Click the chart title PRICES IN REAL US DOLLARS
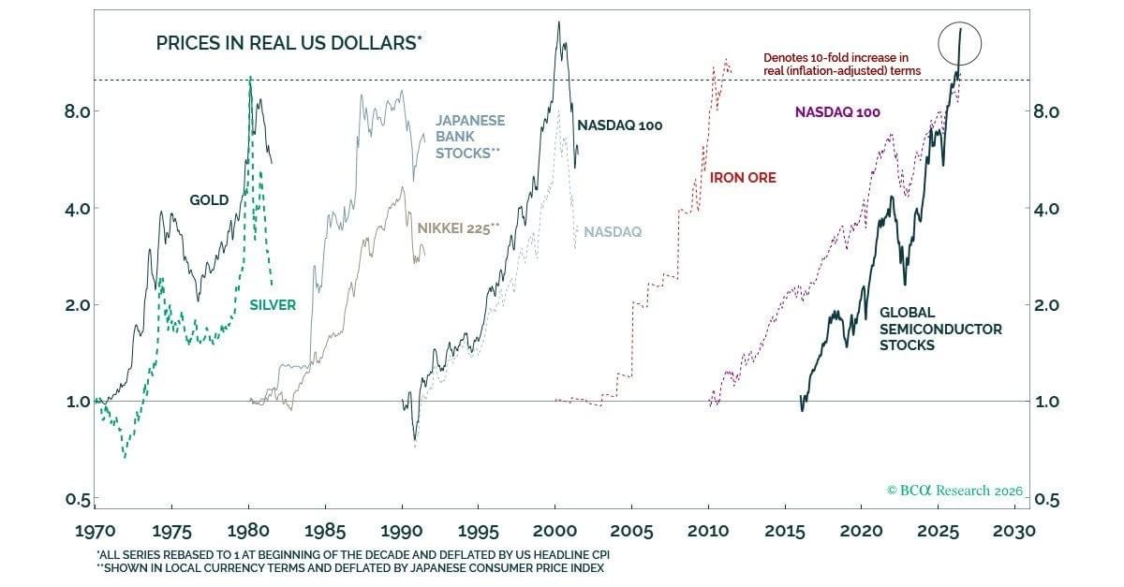[288, 43]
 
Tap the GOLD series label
[209, 200]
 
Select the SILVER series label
[273, 305]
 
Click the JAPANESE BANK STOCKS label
[470, 137]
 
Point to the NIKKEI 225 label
[459, 228]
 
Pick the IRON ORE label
[743, 178]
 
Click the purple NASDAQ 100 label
[837, 112]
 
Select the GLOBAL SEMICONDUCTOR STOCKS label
[940, 330]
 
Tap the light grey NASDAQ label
[613, 232]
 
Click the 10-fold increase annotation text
[842, 65]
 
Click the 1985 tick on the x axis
[325, 531]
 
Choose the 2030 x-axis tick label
[1014, 531]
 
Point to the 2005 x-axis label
[631, 531]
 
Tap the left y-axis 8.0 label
[77, 110]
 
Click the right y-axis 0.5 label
[1046, 500]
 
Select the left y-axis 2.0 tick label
[77, 305]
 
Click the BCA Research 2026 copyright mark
[954, 491]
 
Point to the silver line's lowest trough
[125, 457]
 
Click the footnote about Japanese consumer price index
[350, 568]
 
